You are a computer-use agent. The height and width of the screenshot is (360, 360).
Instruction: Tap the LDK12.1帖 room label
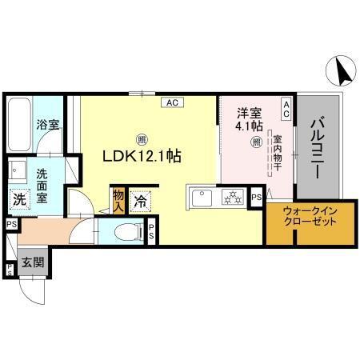point(141,156)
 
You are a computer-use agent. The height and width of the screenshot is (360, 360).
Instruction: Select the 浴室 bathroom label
point(47,125)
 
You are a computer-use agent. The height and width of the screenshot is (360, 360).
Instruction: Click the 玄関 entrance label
point(32,263)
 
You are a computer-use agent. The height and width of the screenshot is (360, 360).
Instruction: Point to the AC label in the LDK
point(172,102)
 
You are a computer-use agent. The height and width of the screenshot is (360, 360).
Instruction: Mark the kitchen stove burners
point(232,196)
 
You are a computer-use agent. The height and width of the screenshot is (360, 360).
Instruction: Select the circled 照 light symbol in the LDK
point(141,138)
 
